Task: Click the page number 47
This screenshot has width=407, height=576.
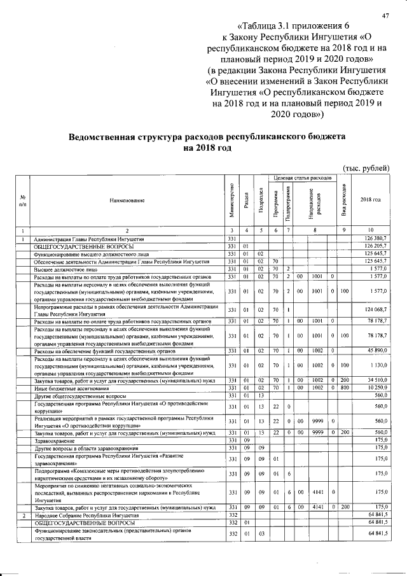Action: tap(384, 16)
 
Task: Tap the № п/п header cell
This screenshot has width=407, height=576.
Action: tap(23, 200)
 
